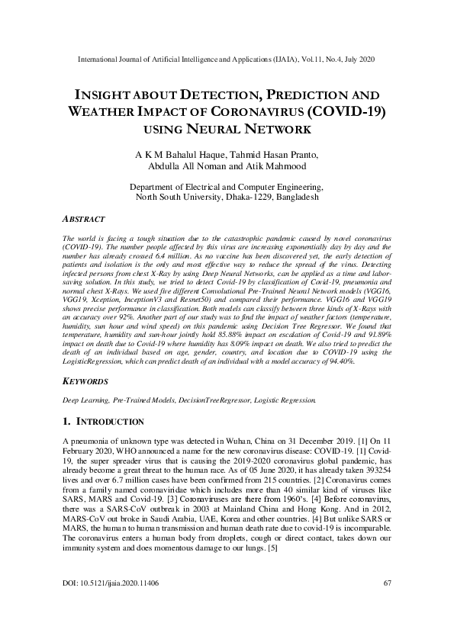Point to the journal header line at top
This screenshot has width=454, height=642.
pyautogui.click(x=227, y=59)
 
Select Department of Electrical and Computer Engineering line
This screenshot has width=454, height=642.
pyautogui.click(x=227, y=186)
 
